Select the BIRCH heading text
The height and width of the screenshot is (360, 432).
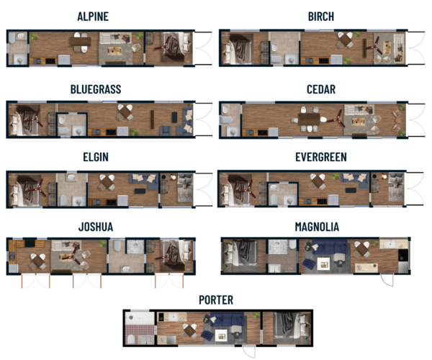pyautogui.click(x=320, y=17)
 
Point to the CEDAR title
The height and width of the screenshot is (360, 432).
pyautogui.click(x=320, y=89)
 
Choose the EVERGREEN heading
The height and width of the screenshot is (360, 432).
pyautogui.click(x=320, y=157)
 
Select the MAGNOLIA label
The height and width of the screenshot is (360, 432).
pyautogui.click(x=317, y=227)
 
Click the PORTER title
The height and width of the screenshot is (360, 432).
pyautogui.click(x=216, y=299)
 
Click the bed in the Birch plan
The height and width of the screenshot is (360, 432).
pyautogui.click(x=234, y=50)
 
